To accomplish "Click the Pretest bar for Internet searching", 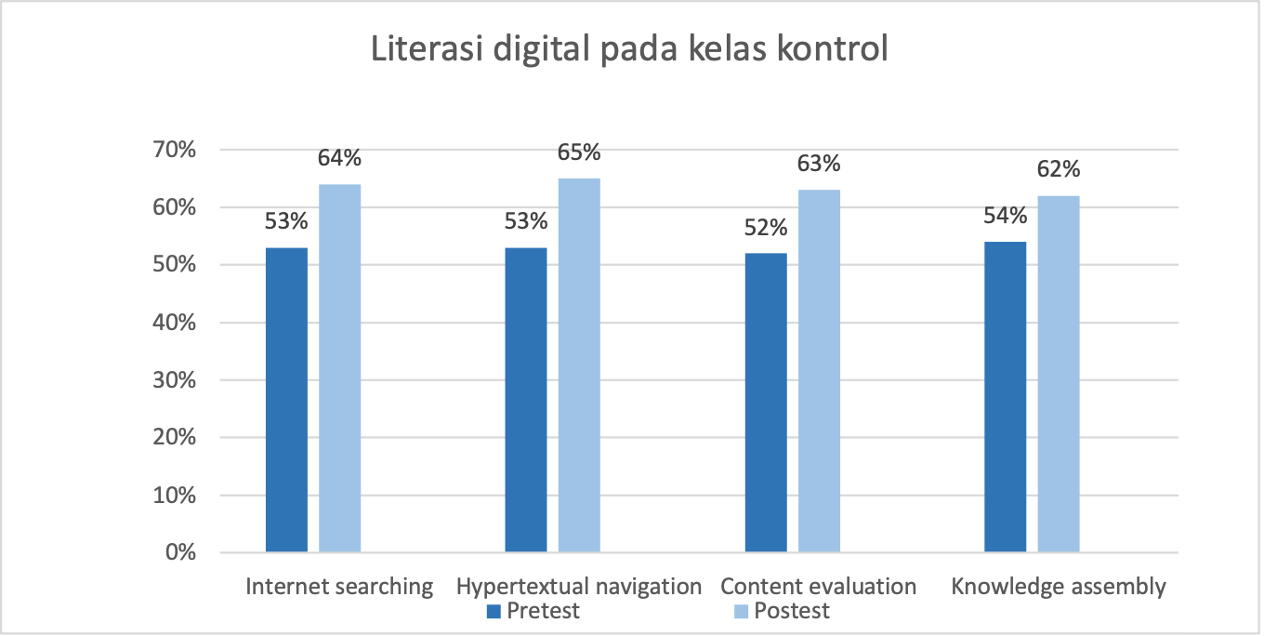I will click(x=286, y=400).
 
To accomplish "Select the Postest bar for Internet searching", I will click(x=339, y=368).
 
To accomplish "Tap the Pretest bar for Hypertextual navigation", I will click(x=525, y=400).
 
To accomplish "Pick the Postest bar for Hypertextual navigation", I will click(x=578, y=365).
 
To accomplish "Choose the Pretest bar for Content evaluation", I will click(x=766, y=403).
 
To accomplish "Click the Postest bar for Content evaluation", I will click(x=819, y=371).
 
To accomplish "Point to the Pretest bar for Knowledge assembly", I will click(x=1005, y=397).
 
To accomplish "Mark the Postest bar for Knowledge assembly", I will click(x=1059, y=374).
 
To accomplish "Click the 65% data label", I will click(x=578, y=152).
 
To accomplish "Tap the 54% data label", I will click(x=1005, y=216).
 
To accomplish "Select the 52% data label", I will click(x=766, y=228).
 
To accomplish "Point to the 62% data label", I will click(x=1059, y=169).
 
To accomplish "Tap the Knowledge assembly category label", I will click(x=1058, y=587).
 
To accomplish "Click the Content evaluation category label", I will click(x=819, y=587).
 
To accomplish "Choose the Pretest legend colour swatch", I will click(x=494, y=612).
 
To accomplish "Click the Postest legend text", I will click(x=792, y=611).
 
